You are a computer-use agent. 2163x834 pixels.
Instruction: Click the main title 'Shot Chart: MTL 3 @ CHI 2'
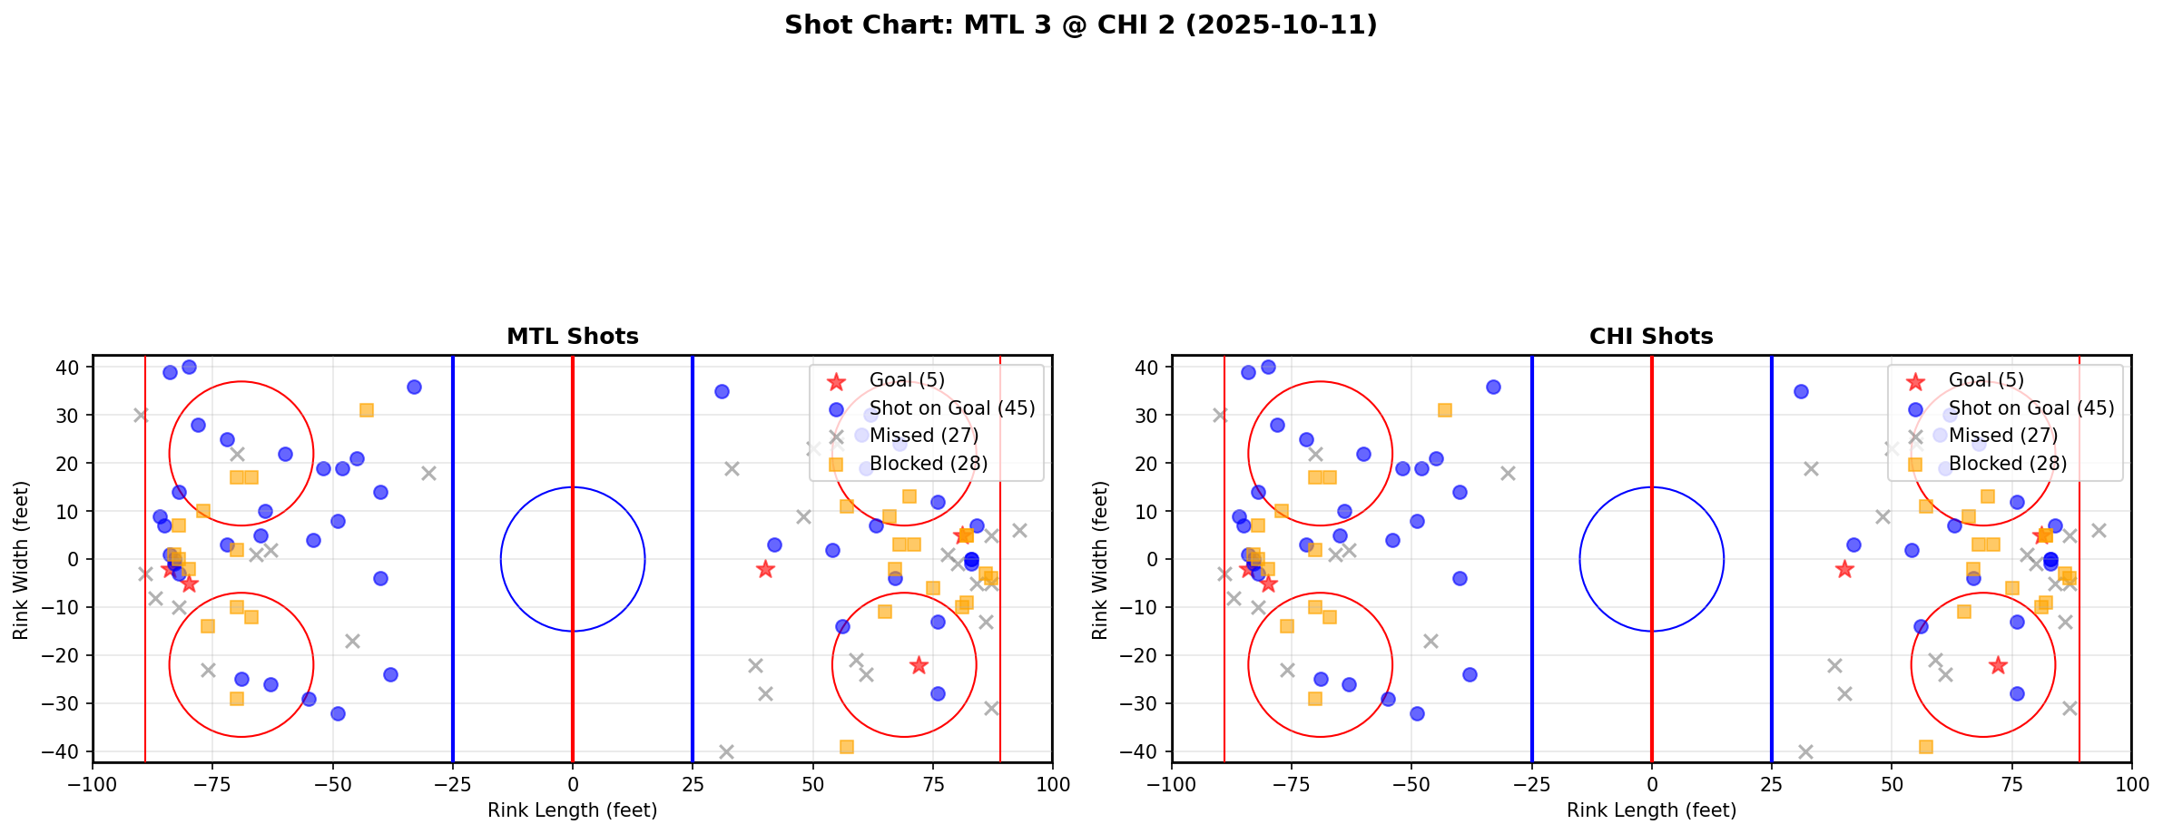coord(1080,25)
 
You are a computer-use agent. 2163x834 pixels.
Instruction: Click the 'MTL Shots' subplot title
coord(572,337)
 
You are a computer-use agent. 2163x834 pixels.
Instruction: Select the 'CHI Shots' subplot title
coord(1651,337)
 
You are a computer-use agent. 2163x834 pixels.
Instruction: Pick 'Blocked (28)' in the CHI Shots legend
coord(2007,464)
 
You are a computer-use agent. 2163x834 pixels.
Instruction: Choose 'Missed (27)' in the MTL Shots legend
coord(924,436)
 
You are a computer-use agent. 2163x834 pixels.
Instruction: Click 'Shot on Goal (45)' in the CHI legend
coord(2031,408)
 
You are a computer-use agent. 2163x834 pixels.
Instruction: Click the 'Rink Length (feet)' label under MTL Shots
coord(572,810)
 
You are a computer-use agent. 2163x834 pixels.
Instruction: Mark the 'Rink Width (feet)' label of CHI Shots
coord(1100,560)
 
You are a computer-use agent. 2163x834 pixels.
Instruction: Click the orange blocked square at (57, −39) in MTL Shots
coord(846,747)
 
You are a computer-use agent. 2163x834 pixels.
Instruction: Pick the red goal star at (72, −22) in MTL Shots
coord(919,665)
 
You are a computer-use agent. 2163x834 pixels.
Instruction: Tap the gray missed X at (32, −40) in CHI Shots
coord(1805,751)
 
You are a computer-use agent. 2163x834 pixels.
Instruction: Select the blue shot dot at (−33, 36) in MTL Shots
coord(414,387)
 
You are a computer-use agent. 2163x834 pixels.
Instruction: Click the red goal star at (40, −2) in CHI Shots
coord(1843,569)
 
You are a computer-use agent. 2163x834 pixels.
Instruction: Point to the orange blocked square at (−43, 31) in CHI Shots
coord(1445,410)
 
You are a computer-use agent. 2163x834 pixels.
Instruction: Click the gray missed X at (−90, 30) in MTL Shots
coord(141,415)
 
